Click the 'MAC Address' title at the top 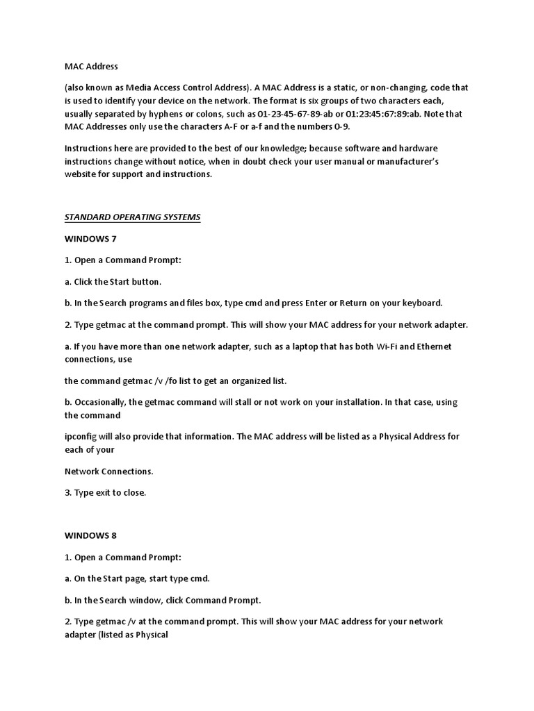[91, 67]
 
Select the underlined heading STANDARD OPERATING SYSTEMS [132, 217]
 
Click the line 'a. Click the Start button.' [113, 282]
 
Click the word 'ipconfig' [82, 437]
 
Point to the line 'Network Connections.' [108, 471]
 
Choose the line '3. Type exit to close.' [105, 493]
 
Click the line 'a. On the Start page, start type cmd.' [137, 578]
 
